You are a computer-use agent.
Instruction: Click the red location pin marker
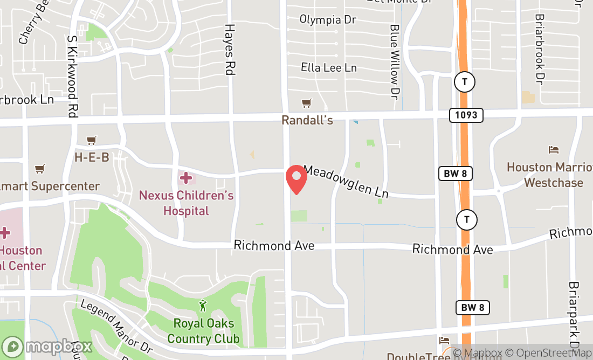[296, 180]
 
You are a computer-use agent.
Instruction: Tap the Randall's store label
[307, 120]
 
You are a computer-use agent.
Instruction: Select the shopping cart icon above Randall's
[307, 103]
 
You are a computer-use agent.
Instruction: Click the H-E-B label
[92, 157]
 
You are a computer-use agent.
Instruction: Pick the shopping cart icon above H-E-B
[92, 140]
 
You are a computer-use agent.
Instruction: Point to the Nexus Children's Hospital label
[186, 203]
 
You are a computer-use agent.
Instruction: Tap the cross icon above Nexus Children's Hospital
[186, 177]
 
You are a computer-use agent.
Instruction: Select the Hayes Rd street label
[230, 49]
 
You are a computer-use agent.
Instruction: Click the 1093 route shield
[466, 115]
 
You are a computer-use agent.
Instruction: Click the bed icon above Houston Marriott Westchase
[554, 149]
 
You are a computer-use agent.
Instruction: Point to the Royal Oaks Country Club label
[203, 331]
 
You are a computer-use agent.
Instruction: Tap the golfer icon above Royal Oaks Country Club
[203, 306]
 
